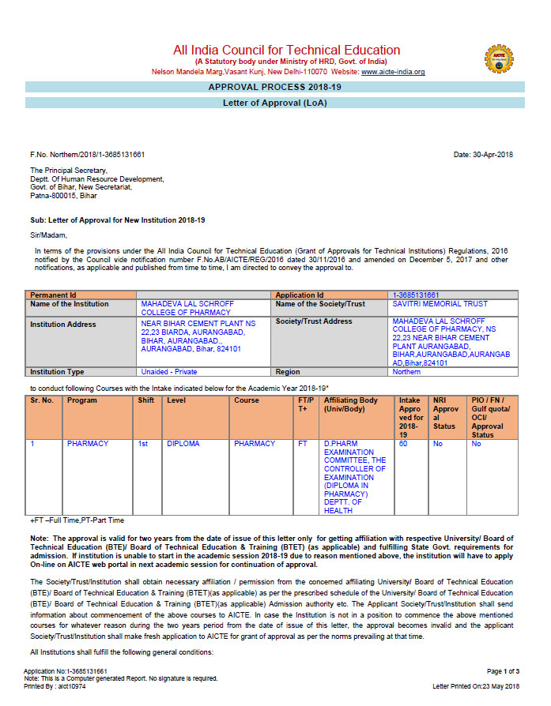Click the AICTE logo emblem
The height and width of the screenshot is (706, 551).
500,58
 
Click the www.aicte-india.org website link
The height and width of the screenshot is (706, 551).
393,72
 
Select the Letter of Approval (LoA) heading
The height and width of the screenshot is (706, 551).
274,103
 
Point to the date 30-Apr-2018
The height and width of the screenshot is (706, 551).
483,155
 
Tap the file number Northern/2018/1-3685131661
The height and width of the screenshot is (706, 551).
87,155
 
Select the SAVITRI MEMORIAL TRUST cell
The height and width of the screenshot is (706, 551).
440,304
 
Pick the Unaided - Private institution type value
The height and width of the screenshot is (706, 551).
169,371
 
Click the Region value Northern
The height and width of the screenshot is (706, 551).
406,371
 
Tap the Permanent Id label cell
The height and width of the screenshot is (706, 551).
53,295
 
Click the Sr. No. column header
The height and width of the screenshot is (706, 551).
42,400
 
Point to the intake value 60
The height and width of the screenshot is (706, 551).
403,444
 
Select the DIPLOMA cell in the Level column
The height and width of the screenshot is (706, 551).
183,444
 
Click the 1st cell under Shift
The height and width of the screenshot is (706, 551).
143,444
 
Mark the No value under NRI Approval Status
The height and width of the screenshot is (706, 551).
438,444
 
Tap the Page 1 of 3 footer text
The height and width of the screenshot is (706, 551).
503,670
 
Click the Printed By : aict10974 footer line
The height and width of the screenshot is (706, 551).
55,686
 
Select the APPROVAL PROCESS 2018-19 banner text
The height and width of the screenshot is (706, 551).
274,87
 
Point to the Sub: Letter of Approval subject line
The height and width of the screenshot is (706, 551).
117,220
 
